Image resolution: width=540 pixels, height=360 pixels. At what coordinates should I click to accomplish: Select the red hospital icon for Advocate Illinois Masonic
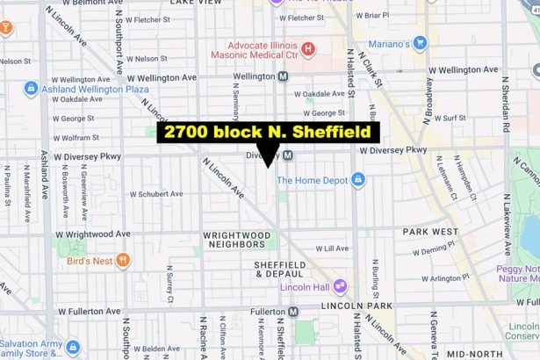[x=308, y=47]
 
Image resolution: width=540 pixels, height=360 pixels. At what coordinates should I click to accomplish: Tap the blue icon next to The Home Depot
[x=358, y=180]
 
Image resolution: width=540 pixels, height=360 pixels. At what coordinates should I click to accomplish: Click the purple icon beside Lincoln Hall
[x=340, y=286]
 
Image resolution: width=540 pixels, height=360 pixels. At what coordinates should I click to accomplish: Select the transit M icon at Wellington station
[x=283, y=76]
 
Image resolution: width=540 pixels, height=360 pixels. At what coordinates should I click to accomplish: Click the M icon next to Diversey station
[x=287, y=155]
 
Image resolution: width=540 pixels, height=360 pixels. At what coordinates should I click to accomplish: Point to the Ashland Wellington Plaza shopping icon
[x=32, y=88]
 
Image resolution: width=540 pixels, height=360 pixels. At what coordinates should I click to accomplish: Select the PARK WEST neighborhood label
[x=430, y=232]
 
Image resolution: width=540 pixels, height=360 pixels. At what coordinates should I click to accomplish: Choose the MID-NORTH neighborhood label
[x=474, y=354]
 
